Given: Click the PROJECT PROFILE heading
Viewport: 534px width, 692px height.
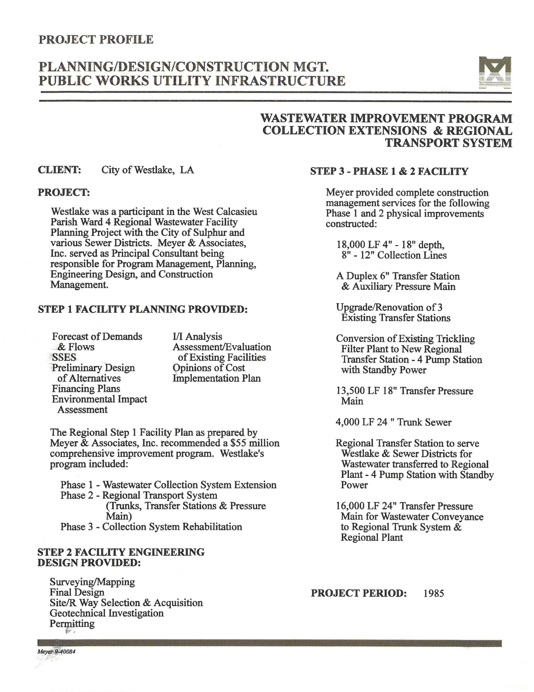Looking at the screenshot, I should coord(96,40).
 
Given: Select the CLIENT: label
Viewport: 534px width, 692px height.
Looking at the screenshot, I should coord(59,170).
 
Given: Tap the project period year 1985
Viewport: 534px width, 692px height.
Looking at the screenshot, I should coord(433,593).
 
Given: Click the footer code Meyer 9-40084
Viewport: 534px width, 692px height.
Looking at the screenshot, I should coord(56,652).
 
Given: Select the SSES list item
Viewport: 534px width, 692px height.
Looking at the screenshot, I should coord(64,357).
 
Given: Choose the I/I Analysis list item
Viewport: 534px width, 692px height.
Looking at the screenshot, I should coord(197,337).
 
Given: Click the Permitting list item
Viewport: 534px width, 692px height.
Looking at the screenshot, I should coord(72,624).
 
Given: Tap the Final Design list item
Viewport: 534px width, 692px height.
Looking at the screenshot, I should coord(77,592).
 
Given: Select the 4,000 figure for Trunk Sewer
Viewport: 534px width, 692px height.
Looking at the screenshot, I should coord(347,422).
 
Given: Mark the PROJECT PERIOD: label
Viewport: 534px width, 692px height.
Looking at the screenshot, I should coord(358,593).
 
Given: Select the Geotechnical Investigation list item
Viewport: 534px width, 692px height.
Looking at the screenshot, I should coord(106,613).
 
